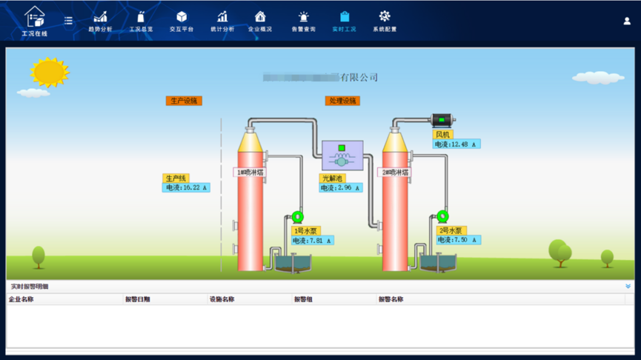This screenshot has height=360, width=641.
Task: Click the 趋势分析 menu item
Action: [100, 21]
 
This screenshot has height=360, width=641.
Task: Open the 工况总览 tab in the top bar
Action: [141, 21]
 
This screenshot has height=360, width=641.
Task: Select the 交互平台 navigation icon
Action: [182, 21]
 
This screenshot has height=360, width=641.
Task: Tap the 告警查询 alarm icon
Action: [303, 21]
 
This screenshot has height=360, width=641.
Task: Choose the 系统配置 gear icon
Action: [385, 21]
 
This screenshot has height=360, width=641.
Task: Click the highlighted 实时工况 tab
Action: [344, 21]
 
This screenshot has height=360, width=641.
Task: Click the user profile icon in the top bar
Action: [627, 21]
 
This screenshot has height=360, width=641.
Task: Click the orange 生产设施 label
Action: [183, 101]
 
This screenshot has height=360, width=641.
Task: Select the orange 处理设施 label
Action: [342, 101]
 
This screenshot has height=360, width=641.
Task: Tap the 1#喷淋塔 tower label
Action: [250, 172]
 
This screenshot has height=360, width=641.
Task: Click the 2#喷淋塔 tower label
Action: [394, 172]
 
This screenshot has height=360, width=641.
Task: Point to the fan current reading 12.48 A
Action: [457, 144]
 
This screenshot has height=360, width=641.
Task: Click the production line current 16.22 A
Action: [186, 188]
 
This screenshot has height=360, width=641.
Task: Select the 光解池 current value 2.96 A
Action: [341, 188]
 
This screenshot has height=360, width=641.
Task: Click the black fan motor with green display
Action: [442, 120]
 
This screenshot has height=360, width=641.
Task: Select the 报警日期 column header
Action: [138, 299]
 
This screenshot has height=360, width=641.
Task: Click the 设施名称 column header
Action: [222, 299]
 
